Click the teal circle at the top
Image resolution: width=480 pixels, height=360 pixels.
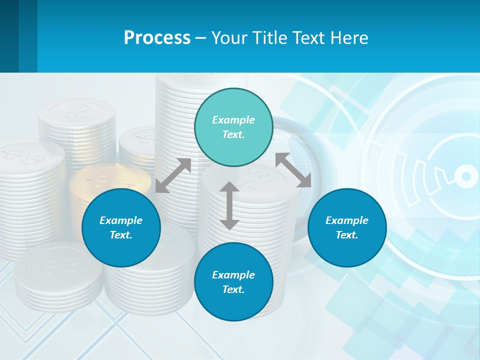pos(233,127)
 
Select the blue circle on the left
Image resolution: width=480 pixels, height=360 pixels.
pos(121,227)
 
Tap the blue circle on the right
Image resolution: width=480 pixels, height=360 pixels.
pos(347,227)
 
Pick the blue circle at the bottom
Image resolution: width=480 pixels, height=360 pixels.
pos(233,282)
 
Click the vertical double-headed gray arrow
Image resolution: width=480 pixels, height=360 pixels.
pos(229,205)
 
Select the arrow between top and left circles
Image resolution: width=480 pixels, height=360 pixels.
pos(173,175)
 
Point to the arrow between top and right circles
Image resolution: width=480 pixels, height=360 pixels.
pos(293,170)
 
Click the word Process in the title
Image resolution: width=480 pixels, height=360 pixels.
pos(157,37)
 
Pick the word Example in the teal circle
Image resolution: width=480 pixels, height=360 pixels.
pos(233,120)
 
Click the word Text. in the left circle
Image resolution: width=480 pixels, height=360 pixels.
pos(121,235)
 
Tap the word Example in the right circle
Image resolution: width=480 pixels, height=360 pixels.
pos(347,220)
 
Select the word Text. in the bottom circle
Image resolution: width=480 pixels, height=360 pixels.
pos(233,289)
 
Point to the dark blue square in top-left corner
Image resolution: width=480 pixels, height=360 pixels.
pos(9,36)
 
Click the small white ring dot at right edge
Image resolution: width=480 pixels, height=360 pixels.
pos(466,176)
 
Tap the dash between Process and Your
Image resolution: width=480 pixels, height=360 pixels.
pos(201,37)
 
